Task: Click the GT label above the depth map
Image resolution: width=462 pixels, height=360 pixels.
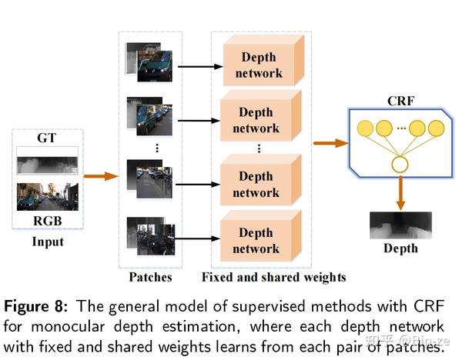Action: point(47,138)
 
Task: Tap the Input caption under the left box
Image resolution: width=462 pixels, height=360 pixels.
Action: point(47,242)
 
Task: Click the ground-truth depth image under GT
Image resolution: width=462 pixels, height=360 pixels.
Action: point(47,164)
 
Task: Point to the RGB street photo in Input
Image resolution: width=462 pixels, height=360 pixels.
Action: point(47,197)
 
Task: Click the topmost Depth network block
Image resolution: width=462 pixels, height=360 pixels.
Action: point(259,65)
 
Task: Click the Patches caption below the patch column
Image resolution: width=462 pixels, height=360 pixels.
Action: point(149,277)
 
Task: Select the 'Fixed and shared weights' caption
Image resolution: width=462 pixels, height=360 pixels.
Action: point(273,277)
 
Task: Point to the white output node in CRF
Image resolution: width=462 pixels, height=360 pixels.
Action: point(399,164)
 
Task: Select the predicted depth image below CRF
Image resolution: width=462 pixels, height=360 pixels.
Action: point(400,224)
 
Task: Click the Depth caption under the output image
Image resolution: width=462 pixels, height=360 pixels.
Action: point(400,248)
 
